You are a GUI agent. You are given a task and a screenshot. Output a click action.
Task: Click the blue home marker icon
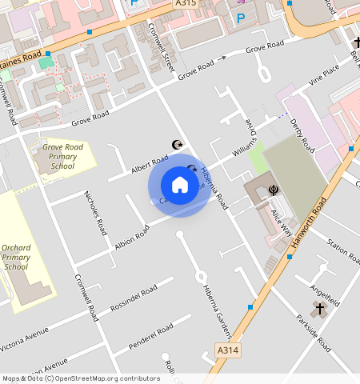pyautogui.click(x=180, y=186)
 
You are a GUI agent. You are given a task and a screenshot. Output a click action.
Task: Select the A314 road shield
pyautogui.click(x=226, y=350)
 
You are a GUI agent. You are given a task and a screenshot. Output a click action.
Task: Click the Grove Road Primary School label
pyautogui.click(x=62, y=156)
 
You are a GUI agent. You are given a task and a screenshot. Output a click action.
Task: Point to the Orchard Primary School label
pyautogui.click(x=16, y=257)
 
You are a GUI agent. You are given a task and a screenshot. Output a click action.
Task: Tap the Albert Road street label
pyautogui.click(x=150, y=163)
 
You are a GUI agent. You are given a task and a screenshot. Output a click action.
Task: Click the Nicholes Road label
pyautogui.click(x=95, y=212)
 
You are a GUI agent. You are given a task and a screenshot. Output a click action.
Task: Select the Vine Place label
pyautogui.click(x=325, y=76)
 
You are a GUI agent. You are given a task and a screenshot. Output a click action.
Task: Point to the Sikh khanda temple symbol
pyautogui.click(x=274, y=190)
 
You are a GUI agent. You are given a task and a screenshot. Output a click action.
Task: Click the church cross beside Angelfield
pyautogui.click(x=320, y=309)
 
